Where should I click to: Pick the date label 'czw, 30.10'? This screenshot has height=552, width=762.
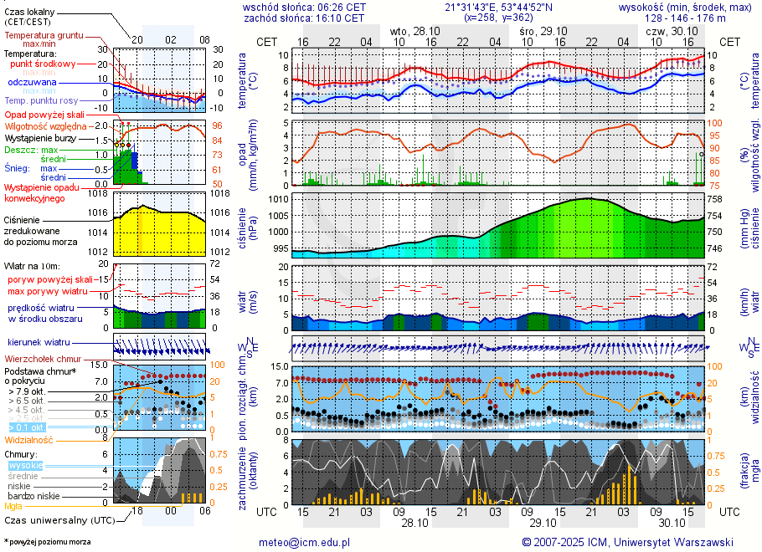click(666, 30)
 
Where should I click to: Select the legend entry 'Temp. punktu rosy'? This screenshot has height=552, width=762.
click(42, 100)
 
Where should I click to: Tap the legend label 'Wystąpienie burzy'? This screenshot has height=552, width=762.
click(40, 137)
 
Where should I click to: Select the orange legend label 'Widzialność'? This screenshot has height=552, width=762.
click(29, 439)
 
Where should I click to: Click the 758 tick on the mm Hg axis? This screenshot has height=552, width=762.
click(714, 200)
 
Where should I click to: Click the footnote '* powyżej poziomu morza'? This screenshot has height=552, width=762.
click(47, 542)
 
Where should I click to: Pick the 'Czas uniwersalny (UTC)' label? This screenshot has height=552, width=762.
click(59, 520)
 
